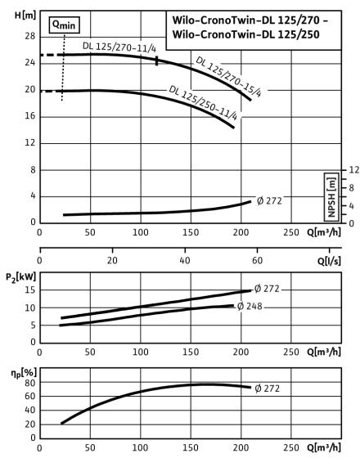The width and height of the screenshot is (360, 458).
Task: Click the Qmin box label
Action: (65, 25)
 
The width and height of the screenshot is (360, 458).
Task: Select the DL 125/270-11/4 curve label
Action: (119, 47)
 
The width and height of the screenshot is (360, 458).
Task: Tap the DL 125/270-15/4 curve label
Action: (228, 77)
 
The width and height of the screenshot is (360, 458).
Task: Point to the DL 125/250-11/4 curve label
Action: (203, 102)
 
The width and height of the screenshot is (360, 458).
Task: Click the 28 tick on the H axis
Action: (29, 36)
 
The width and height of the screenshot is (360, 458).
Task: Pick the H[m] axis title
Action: (25, 16)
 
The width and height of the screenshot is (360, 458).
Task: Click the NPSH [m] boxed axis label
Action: (331, 197)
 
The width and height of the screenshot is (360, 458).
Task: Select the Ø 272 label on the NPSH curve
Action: (269, 200)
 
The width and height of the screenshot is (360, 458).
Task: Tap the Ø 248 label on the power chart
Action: (250, 306)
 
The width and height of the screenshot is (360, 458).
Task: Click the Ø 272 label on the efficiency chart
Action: (267, 388)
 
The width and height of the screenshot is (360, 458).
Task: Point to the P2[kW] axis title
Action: (20, 276)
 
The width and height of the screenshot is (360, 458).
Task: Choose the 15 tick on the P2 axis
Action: (29, 290)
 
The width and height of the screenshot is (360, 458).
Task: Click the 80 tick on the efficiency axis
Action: (29, 383)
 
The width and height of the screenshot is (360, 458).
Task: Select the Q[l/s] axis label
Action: (329, 261)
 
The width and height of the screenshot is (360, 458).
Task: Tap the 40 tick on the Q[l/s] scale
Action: (185, 260)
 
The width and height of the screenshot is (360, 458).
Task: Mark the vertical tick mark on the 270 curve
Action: (156, 61)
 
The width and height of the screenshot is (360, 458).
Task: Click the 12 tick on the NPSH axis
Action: (353, 170)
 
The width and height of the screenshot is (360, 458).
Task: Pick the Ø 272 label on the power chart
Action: (267, 289)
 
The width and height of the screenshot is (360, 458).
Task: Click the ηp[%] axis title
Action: (24, 373)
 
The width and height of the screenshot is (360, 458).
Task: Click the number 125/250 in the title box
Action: (298, 34)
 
